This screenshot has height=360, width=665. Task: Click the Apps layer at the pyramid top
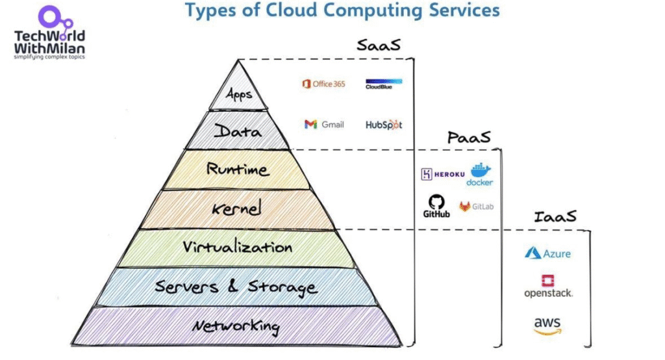click(x=238, y=95)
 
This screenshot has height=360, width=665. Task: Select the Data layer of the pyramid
click(x=238, y=132)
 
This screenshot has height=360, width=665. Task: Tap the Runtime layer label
click(x=237, y=170)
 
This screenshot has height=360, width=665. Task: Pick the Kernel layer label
click(x=237, y=209)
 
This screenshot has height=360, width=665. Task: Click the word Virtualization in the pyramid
click(x=237, y=248)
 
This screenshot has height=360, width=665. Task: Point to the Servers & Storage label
click(x=237, y=287)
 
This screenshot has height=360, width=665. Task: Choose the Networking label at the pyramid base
click(x=237, y=326)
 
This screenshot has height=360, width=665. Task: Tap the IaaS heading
click(x=555, y=216)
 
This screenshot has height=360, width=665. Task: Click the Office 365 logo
click(x=323, y=84)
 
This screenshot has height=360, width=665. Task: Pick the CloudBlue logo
click(x=383, y=83)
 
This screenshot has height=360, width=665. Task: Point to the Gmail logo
click(x=324, y=124)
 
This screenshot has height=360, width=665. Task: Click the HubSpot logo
click(x=383, y=124)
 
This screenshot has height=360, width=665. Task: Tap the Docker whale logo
click(x=480, y=173)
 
